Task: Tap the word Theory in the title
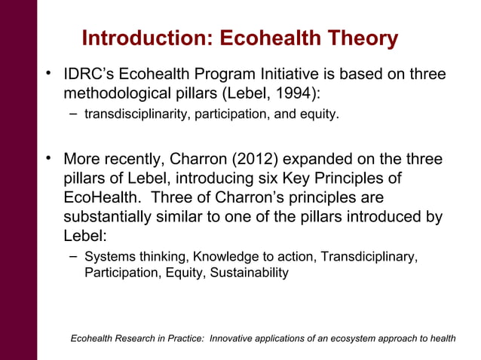tap(360, 38)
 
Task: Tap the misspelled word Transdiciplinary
tap(368, 257)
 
